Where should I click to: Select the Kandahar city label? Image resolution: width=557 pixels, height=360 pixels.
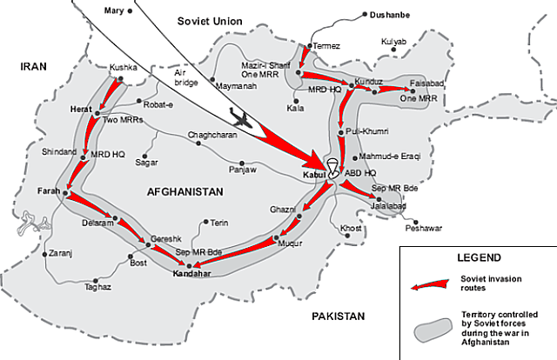pyautogui.click(x=192, y=273)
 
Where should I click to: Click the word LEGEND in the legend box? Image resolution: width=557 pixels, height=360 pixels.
pyautogui.click(x=478, y=258)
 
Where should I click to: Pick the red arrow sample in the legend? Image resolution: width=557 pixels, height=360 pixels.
pyautogui.click(x=432, y=283)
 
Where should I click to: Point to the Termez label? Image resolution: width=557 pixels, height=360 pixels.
pyautogui.click(x=325, y=45)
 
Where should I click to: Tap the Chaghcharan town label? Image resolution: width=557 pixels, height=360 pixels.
pyautogui.click(x=213, y=135)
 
